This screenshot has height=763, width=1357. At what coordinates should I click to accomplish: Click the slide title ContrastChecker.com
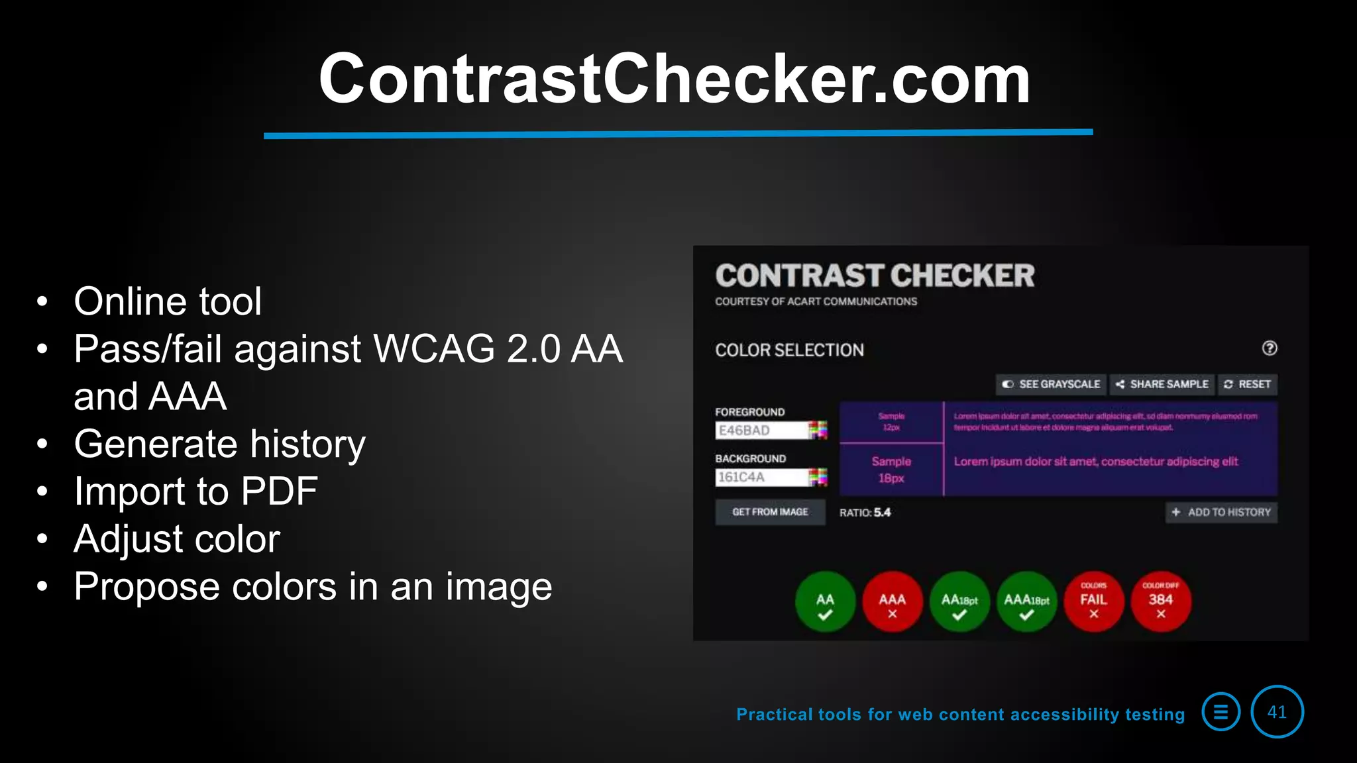point(675,79)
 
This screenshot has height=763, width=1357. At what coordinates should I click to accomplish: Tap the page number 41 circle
point(1277,712)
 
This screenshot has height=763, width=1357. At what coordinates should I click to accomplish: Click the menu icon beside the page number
point(1221,712)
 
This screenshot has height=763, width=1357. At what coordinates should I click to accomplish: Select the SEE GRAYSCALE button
point(1051,384)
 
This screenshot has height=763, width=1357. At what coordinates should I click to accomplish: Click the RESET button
point(1247,384)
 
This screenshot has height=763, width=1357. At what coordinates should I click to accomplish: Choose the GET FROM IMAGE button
point(770,512)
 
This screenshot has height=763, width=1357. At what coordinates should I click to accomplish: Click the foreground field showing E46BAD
point(762,431)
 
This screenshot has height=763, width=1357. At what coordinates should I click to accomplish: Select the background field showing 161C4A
point(762,477)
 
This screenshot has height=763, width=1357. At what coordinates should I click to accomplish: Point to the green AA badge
point(825,601)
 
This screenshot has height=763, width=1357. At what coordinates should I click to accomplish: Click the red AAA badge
point(893,601)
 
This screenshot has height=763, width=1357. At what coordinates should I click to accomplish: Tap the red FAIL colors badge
point(1094,601)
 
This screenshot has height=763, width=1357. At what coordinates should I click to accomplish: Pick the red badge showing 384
point(1161,601)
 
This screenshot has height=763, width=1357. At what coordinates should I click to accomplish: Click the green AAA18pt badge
point(1027,601)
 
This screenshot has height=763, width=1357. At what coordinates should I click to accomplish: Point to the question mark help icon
point(1270,348)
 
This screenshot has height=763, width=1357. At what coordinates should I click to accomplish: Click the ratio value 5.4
point(882,513)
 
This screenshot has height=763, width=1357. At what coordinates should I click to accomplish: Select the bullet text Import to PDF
point(196,491)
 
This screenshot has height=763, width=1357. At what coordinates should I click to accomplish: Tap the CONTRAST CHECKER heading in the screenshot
point(875,276)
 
